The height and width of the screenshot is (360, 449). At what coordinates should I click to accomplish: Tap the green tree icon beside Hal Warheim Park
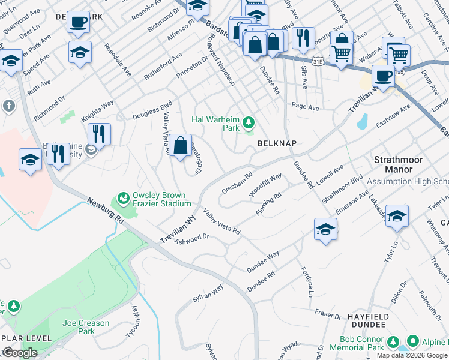(249, 124)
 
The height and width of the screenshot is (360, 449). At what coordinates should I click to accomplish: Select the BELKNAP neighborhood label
(278, 143)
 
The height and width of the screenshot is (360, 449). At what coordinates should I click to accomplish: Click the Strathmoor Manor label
(398, 164)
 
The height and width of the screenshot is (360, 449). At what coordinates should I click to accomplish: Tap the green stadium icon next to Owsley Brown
(124, 197)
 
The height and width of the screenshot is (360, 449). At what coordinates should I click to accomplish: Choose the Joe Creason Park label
(86, 327)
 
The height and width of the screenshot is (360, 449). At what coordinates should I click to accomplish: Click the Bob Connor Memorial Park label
(357, 343)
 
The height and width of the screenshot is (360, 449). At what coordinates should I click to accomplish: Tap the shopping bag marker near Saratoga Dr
(180, 145)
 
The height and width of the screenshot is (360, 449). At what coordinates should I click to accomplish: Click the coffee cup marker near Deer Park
(78, 23)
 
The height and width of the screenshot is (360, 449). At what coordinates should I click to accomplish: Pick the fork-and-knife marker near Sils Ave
(303, 37)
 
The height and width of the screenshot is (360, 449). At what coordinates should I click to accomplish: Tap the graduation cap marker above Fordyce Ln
(325, 229)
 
